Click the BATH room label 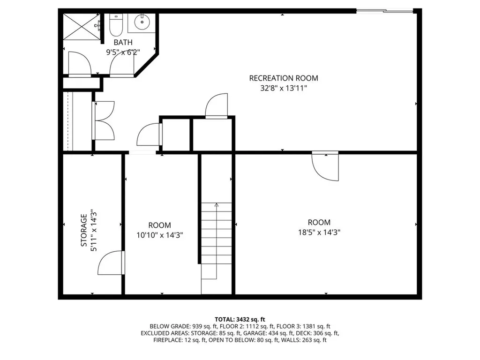click(123, 42)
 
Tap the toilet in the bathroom click(116, 25)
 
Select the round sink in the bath click(142, 22)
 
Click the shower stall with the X click(82, 26)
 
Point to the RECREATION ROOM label click(284, 78)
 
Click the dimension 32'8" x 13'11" click(284, 88)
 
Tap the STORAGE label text click(83, 230)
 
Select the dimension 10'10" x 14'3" click(159, 235)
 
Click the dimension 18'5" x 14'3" click(319, 232)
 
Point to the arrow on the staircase click(217, 240)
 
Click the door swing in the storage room click(111, 262)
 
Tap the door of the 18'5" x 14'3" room click(325, 166)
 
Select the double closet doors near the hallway click(104, 120)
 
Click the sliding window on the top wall click(385, 11)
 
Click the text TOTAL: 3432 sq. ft click(240, 320)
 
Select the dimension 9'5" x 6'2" click(123, 52)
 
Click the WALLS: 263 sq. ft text click(304, 340)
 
